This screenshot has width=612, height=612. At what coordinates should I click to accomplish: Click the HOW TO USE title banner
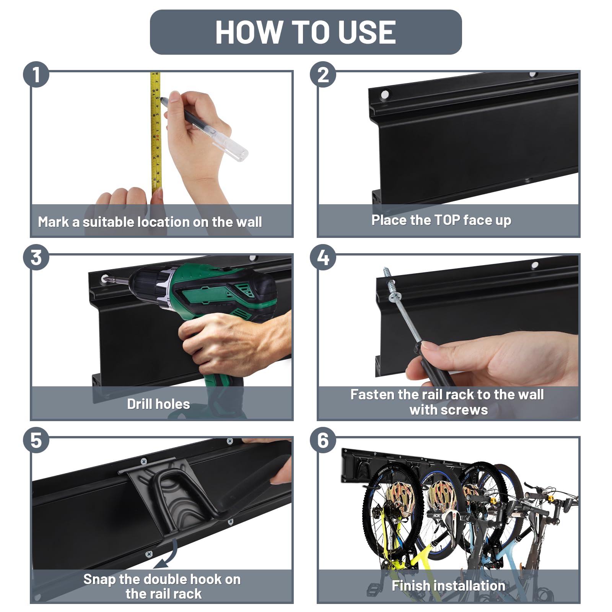[306, 32]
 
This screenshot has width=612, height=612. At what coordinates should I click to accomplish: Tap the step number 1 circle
[36, 74]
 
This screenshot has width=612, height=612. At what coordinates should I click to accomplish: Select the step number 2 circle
[323, 74]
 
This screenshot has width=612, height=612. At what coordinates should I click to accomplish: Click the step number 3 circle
[36, 257]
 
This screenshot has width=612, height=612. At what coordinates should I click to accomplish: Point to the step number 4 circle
[323, 257]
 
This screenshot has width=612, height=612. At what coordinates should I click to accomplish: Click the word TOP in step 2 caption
[447, 220]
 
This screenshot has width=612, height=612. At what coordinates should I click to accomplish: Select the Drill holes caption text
[158, 404]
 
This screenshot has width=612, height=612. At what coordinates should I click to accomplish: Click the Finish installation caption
[448, 586]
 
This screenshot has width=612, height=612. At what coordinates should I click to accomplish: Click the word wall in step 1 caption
[249, 222]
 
